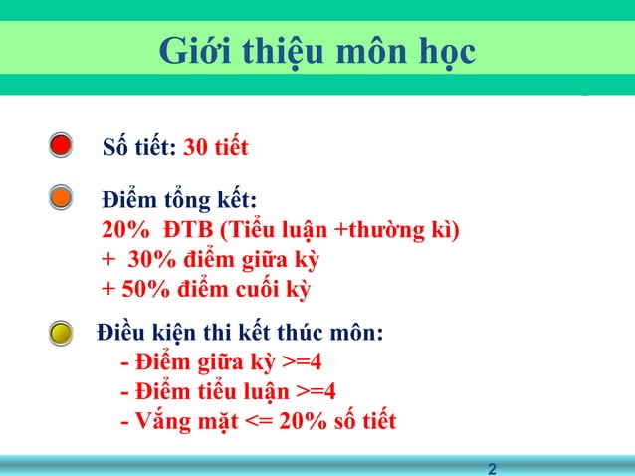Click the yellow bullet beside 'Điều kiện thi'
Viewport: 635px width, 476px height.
coord(61,332)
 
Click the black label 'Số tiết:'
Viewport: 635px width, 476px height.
coord(140,149)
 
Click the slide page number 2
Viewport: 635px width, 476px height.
coord(493,467)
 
